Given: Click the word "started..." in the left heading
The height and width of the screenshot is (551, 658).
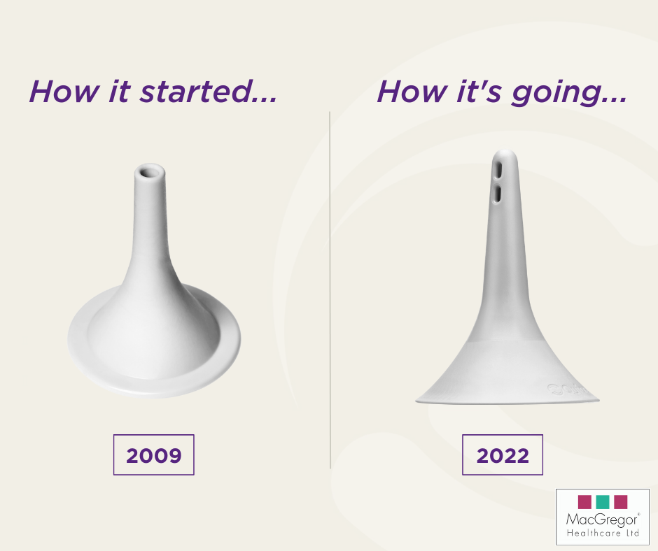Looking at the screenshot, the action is [209, 91].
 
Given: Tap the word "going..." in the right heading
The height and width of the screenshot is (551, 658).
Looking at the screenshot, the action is [569, 93].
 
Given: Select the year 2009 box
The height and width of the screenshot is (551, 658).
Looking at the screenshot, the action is [153, 455].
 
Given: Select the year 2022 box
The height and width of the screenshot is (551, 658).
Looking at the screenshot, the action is [503, 455].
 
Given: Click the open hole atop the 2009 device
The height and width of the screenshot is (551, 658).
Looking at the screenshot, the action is [149, 172].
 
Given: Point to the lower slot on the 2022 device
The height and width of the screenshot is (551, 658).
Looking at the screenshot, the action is [498, 194].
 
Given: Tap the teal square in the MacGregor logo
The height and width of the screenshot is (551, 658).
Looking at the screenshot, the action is [602, 502].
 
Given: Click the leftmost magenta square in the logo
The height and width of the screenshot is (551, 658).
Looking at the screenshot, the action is [584, 502].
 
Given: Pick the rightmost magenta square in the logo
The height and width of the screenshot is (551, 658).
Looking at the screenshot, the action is [621, 502].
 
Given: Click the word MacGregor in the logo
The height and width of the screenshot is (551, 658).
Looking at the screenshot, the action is [602, 520].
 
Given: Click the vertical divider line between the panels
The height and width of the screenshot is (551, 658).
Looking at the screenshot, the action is [330, 289].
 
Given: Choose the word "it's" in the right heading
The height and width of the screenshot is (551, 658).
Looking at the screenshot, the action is [479, 91].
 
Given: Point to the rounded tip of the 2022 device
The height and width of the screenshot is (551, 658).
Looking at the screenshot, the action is [505, 153].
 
